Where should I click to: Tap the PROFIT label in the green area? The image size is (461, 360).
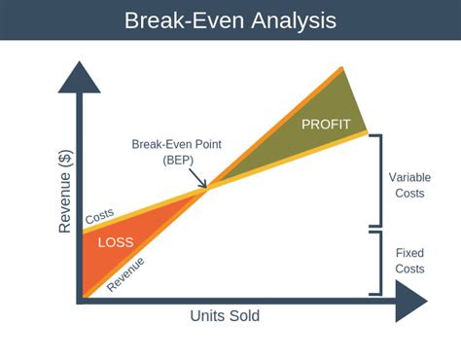tap(326, 125)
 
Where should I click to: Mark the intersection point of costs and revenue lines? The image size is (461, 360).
tap(206, 189)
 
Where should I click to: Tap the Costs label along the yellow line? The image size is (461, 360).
tap(99, 219)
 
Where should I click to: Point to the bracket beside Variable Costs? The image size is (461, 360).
tap(375, 181)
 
